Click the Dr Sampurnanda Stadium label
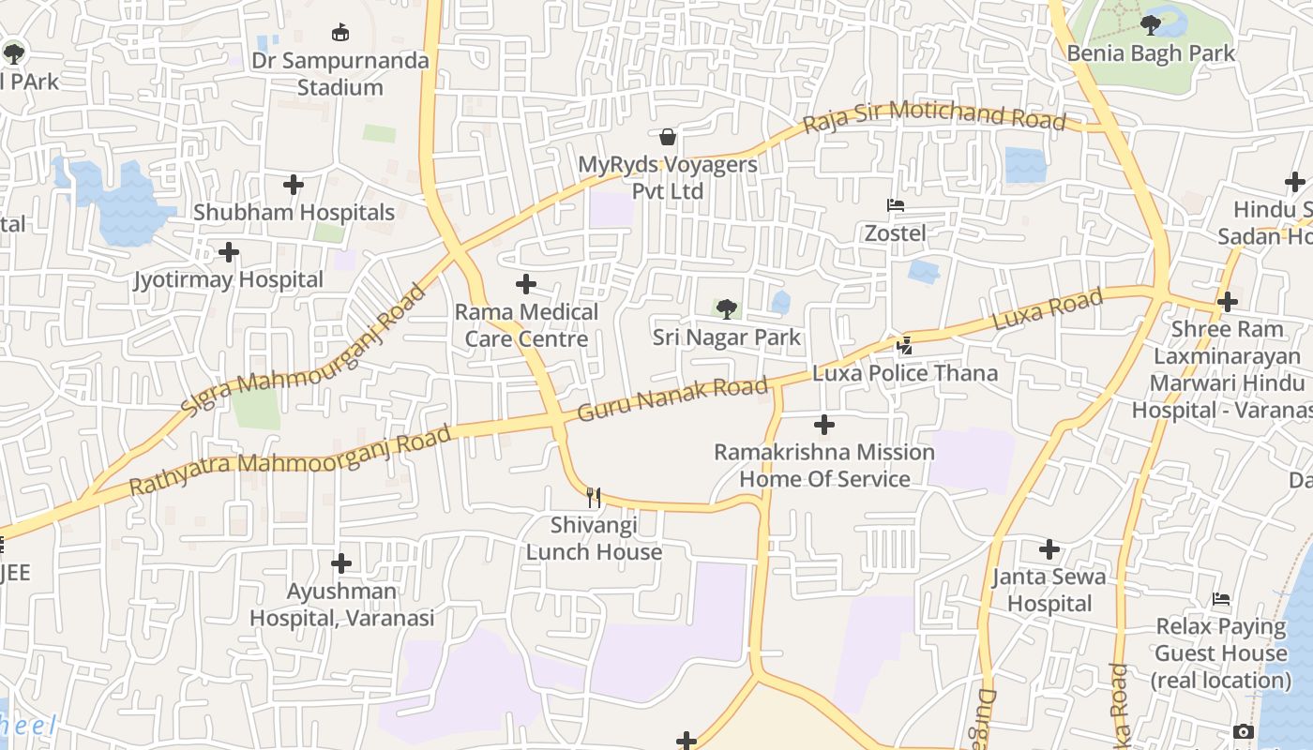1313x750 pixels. [x=363, y=74]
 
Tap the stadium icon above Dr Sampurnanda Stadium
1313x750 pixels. [x=340, y=33]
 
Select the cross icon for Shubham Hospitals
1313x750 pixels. [x=294, y=185]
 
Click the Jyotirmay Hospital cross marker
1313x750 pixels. [x=228, y=252]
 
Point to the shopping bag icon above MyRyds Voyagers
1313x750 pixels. [x=668, y=138]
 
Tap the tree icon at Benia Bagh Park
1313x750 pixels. [x=1151, y=25]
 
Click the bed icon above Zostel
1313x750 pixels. [x=895, y=205]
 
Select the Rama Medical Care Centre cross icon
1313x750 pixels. [x=526, y=284]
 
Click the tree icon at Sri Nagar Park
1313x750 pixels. [x=726, y=308]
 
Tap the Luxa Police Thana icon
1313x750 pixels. [x=904, y=346]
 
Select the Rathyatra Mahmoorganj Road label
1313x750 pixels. [x=290, y=461]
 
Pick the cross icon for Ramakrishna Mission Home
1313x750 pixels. [x=823, y=425]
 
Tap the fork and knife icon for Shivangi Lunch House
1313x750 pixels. [x=593, y=497]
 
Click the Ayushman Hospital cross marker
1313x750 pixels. [x=341, y=563]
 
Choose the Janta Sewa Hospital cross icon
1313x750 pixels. [x=1049, y=548]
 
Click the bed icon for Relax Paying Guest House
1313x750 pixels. [x=1220, y=599]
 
